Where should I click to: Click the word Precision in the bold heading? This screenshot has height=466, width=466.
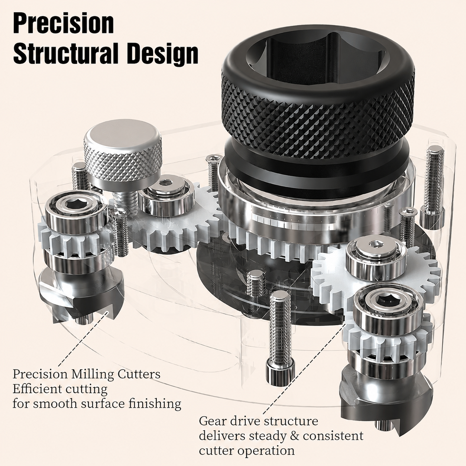(x=64, y=24)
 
